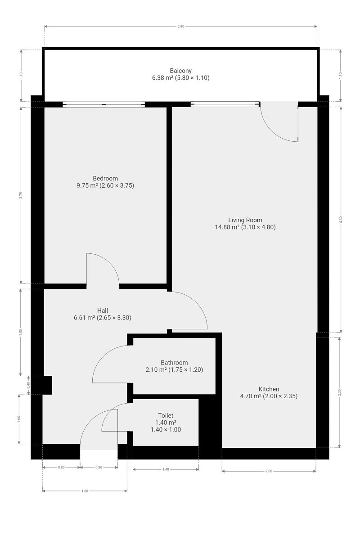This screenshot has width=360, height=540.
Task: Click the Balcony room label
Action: pos(180,71)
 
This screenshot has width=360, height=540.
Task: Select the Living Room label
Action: pos(245,220)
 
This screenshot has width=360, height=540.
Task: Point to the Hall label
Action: pos(103,310)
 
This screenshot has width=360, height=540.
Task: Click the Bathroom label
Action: pos(174,363)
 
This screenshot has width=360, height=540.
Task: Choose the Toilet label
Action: pos(166,415)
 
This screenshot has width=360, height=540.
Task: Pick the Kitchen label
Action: pos(269,389)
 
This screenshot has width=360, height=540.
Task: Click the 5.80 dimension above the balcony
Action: pos(180,26)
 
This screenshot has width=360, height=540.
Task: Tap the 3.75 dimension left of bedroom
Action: pos(21,195)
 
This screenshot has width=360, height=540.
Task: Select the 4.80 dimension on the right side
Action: pos(341,220)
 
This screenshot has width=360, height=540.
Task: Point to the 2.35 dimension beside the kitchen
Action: pos(339,392)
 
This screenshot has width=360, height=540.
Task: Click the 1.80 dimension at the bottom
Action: pos(85,491)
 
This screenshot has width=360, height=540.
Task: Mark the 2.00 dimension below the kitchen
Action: pos(269,471)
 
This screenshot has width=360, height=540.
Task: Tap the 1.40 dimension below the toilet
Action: pos(166,469)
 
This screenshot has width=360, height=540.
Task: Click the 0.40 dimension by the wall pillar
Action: pos(28,385)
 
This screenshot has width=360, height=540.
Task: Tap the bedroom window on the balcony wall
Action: pos(103,104)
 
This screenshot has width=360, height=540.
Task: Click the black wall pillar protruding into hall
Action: pos(47,385)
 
